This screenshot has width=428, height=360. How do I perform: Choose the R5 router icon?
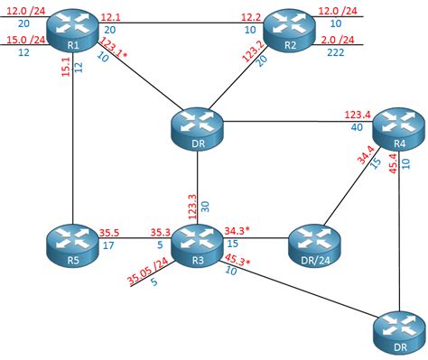[70, 244]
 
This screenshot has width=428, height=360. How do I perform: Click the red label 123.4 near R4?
[358, 115]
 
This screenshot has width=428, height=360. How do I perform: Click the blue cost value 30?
[205, 207]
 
